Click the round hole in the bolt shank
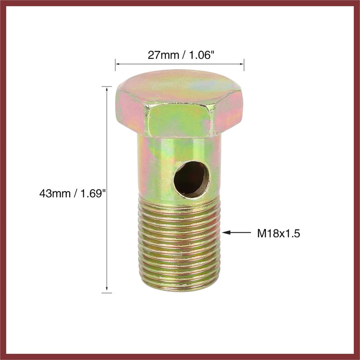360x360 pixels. tap(192, 179)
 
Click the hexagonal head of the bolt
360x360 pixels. tap(179, 108)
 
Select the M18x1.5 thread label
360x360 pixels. tap(278, 233)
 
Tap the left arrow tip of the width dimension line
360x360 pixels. tap(116, 64)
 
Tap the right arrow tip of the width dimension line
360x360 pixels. tap(243, 64)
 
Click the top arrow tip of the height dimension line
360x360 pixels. tap(107, 87)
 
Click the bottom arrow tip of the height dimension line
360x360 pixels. tap(107, 292)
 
